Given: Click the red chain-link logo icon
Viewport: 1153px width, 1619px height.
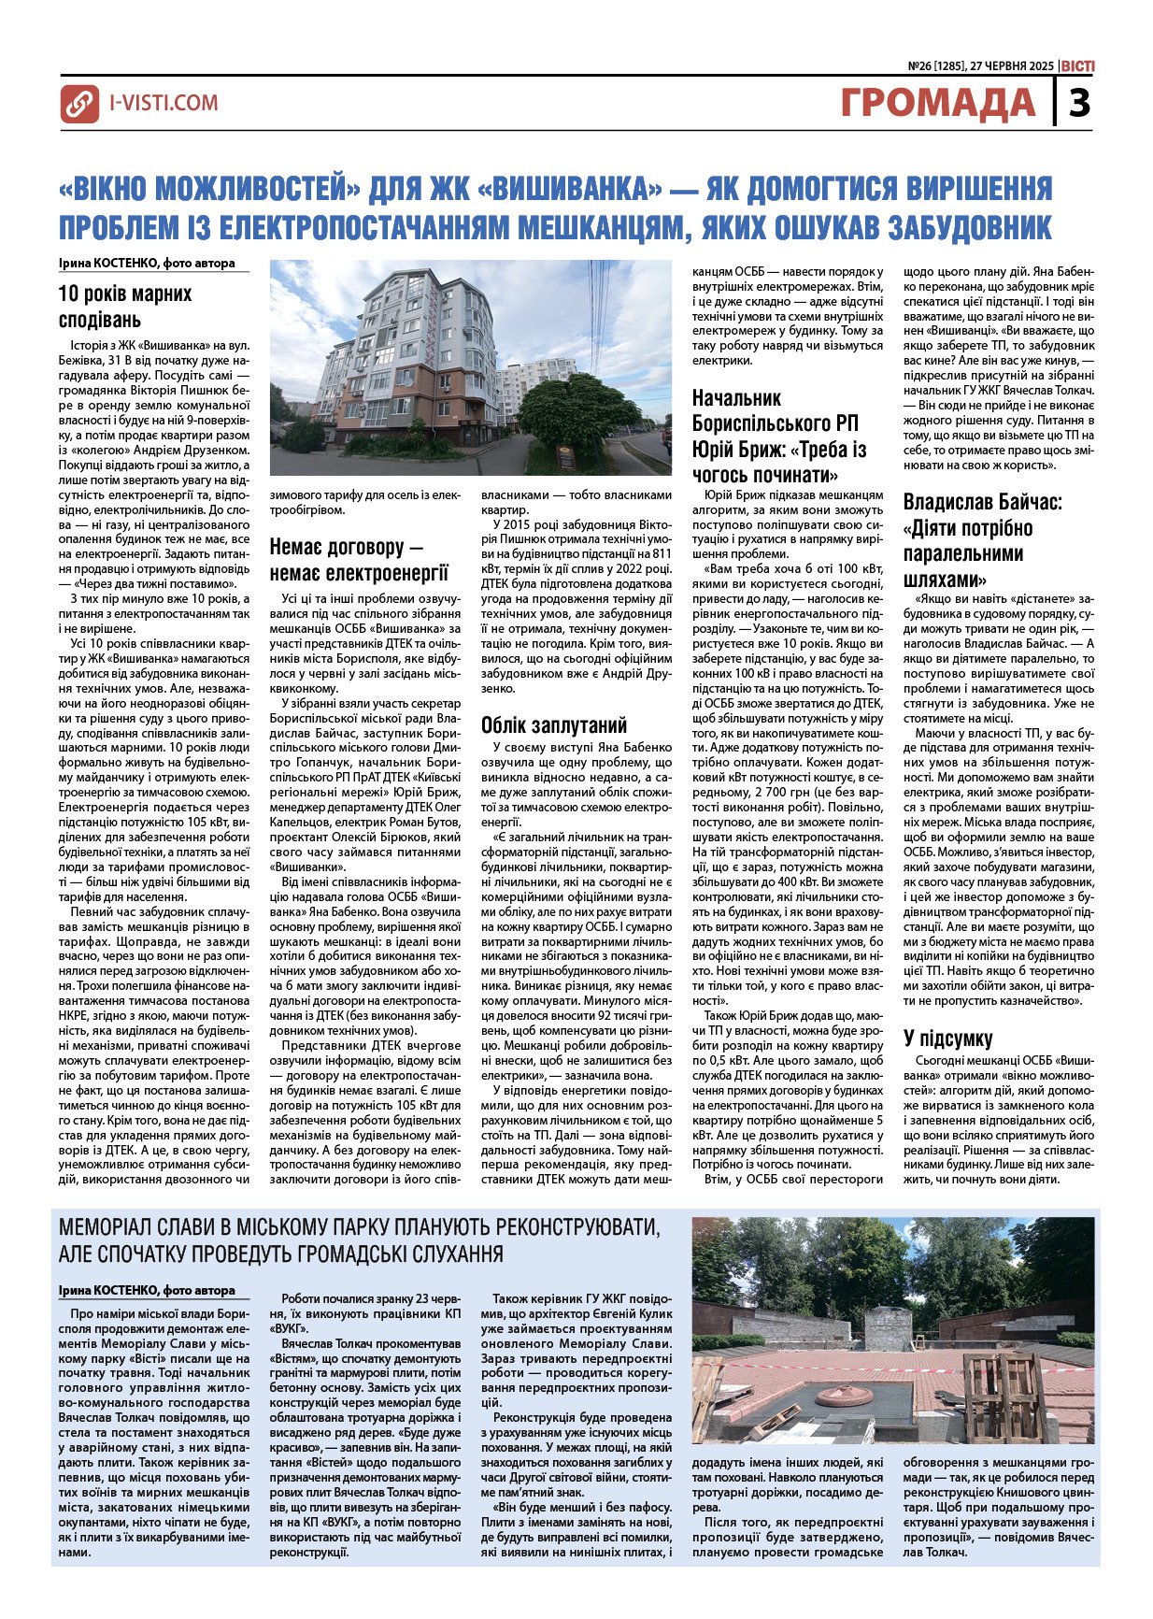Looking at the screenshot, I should pyautogui.click(x=79, y=104).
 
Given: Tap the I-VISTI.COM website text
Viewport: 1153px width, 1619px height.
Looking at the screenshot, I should pyautogui.click(x=164, y=103).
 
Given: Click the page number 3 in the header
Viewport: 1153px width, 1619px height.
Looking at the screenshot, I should pyautogui.click(x=1079, y=103).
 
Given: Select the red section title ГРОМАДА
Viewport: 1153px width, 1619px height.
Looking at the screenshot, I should pyautogui.click(x=938, y=103).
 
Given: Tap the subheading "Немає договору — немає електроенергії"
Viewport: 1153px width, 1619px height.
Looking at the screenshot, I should pyautogui.click(x=360, y=559).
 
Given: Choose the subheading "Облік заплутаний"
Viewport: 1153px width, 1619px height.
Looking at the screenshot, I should pyautogui.click(x=554, y=725).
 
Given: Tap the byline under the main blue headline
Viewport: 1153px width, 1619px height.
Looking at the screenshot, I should pyautogui.click(x=147, y=264).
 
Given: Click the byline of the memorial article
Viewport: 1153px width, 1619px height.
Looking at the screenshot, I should pyautogui.click(x=147, y=1291).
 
